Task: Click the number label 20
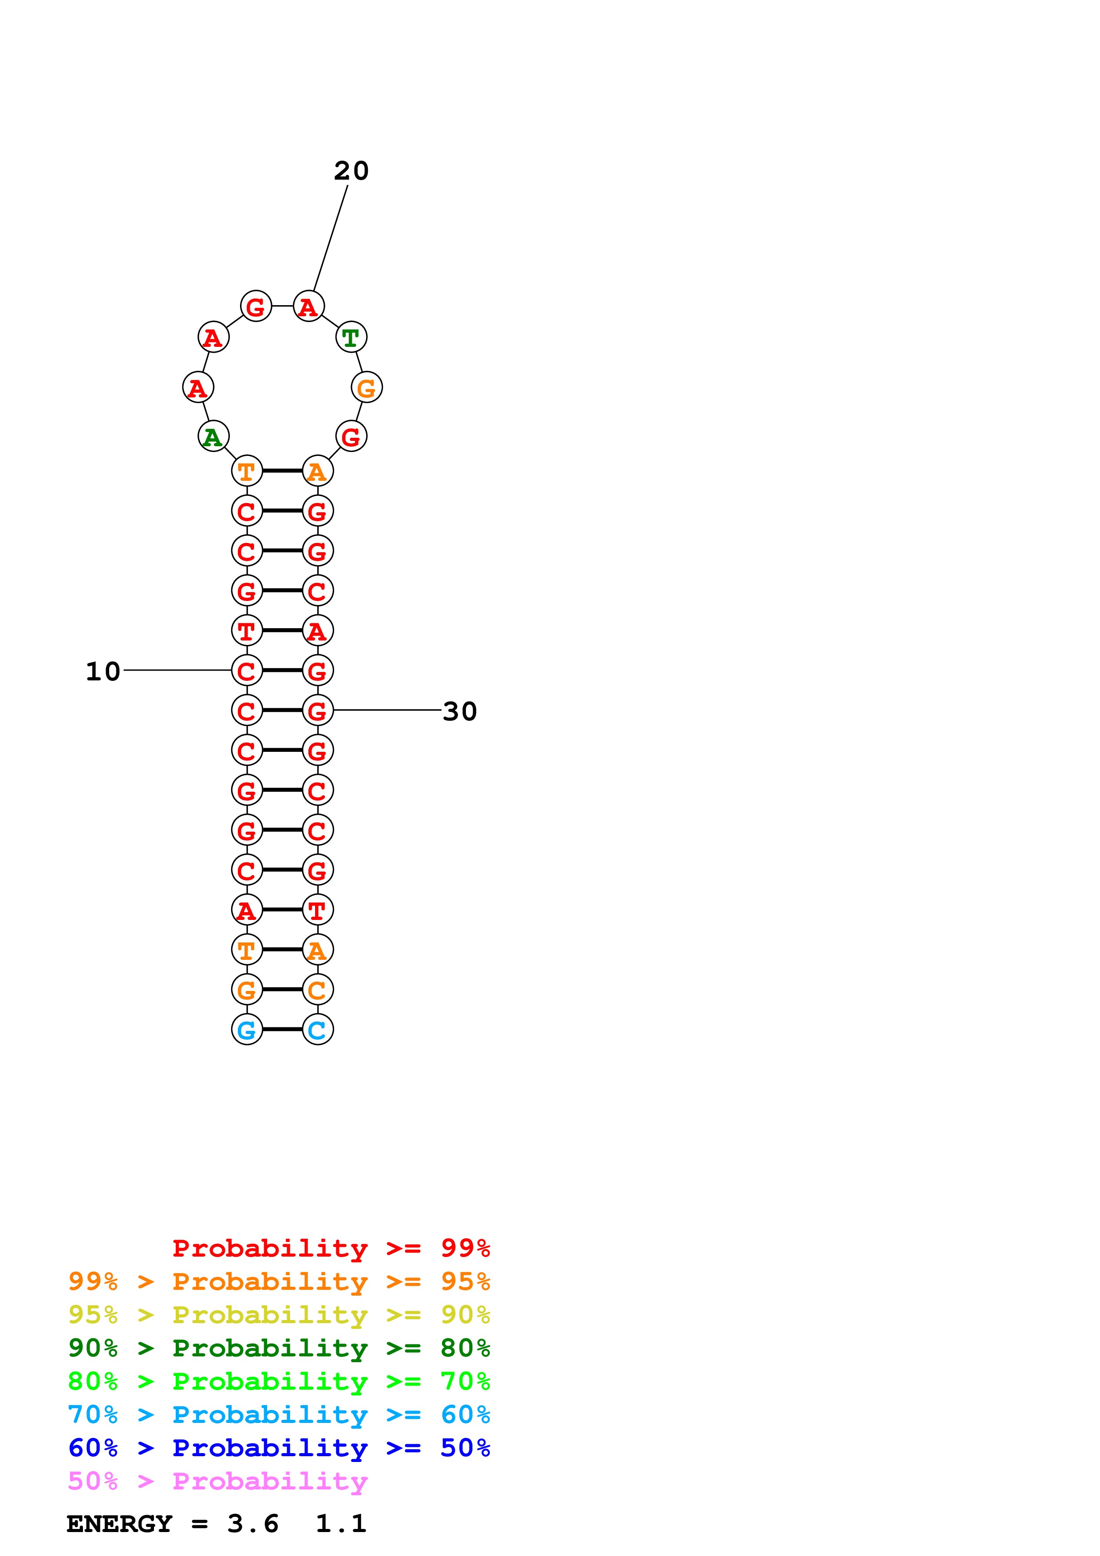351,171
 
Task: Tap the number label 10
103,672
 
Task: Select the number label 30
460,711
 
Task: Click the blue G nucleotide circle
247,1029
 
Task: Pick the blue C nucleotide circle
317,1029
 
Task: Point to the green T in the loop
351,337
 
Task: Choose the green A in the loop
213,436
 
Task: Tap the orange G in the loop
367,388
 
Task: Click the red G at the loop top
256,306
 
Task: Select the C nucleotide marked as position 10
247,670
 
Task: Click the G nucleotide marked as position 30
317,710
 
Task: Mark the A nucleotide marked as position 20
308,306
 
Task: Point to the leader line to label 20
331,237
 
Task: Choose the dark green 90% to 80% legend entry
279,1348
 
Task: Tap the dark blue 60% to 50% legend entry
279,1448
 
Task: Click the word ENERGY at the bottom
119,1524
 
